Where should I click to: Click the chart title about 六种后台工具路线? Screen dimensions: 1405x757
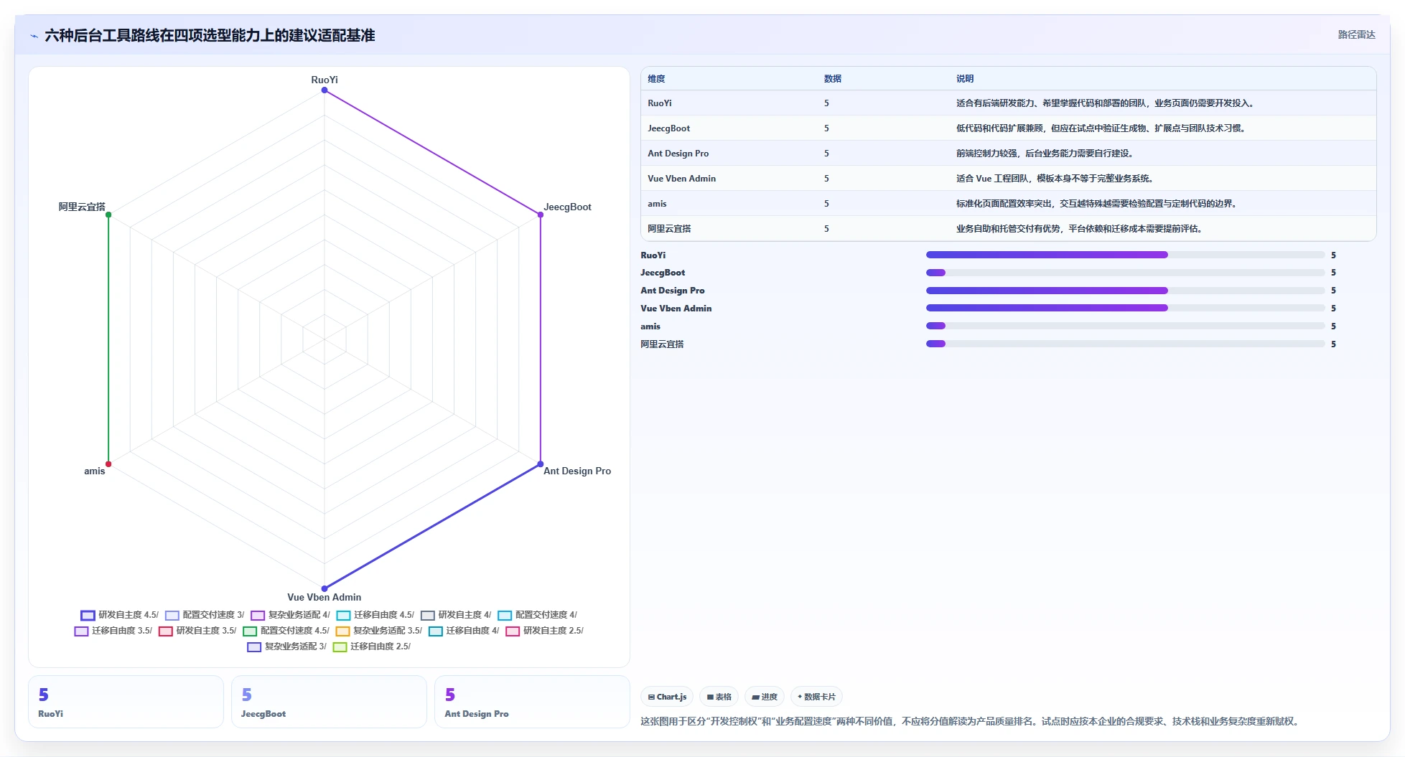tap(210, 35)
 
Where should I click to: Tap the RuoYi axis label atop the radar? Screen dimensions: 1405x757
tap(325, 80)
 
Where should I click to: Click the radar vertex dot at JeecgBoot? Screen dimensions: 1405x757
tap(541, 215)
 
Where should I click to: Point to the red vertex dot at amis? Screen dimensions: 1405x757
tap(108, 464)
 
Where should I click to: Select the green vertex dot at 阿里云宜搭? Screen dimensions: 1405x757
tap(108, 215)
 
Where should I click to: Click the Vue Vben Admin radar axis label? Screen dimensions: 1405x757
tap(325, 597)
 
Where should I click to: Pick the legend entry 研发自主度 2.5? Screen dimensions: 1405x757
tap(545, 631)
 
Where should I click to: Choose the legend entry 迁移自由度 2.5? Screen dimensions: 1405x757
tap(372, 646)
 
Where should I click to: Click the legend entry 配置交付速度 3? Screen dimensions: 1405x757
tap(205, 615)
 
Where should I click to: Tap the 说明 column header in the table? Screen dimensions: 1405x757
tap(965, 79)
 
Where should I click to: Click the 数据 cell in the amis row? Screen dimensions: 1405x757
tap(826, 204)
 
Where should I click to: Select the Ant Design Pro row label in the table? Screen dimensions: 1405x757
tap(678, 154)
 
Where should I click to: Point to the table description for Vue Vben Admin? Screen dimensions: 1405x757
tap(1054, 179)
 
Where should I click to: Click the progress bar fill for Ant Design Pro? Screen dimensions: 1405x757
tap(1047, 291)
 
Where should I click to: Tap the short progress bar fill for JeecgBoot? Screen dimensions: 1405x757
tap(935, 273)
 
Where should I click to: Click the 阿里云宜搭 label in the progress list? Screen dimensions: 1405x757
tap(662, 344)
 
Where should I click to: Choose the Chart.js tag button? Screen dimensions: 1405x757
tap(667, 697)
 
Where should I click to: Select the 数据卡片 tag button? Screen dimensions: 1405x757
tap(816, 697)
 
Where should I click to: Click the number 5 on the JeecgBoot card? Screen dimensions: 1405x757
tap(247, 695)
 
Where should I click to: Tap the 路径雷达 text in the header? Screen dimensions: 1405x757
tap(1356, 34)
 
